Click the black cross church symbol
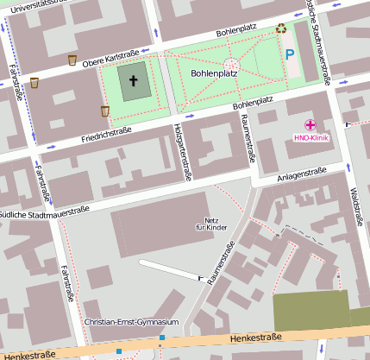coord(133,81)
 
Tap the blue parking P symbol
coord(290,54)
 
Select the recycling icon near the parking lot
coord(281,28)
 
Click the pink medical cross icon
coord(310,124)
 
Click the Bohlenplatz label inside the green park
coord(214,74)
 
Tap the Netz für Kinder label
coord(210,223)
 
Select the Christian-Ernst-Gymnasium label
coord(132,322)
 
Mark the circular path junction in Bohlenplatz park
coord(230,64)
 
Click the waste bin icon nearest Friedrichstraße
coord(104,111)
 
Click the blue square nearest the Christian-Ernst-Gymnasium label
coord(161,337)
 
